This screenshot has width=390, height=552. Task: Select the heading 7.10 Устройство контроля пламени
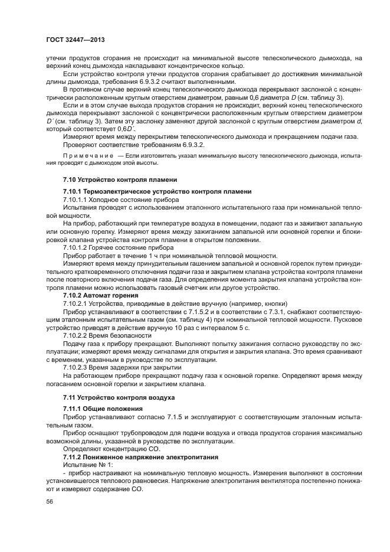coord(118,179)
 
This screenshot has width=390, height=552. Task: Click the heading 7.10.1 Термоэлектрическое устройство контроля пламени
coord(157,192)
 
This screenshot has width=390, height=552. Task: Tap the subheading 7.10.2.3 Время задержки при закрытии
coord(116,367)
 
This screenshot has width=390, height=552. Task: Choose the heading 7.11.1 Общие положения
coord(103,409)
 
